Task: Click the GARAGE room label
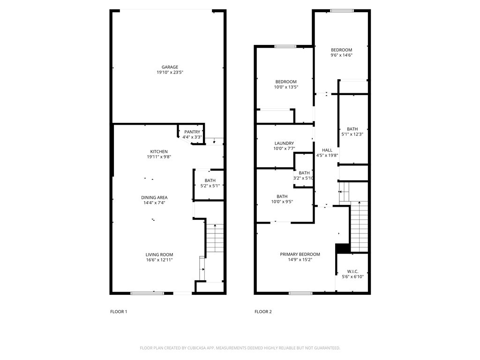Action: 167,67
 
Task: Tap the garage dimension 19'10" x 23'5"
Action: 170,73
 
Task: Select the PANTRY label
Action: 192,132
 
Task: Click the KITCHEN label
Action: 159,151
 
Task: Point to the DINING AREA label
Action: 155,197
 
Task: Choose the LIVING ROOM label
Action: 159,255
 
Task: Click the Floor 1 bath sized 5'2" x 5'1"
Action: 210,183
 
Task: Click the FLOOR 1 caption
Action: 119,312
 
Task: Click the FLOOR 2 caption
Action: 263,312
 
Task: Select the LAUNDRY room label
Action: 284,143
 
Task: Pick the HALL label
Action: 327,150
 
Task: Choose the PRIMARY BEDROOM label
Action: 300,254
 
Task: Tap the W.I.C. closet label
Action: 352,271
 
